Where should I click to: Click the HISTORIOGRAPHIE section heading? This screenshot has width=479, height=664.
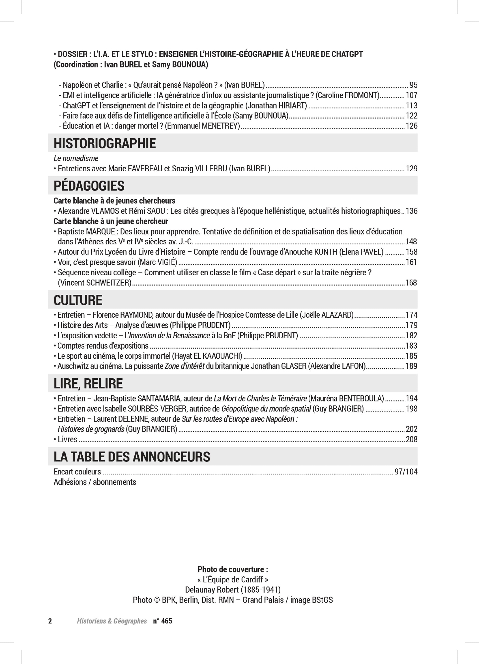click(x=105, y=143)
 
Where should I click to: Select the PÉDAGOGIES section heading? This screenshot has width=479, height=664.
click(x=89, y=186)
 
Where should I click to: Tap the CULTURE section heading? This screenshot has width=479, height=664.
click(x=78, y=300)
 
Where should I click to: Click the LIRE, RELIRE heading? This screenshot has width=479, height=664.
click(x=88, y=383)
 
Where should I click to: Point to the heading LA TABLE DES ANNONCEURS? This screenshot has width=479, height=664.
click(x=132, y=457)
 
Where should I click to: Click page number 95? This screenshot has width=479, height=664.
click(x=413, y=85)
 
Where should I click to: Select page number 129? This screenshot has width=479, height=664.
click(x=412, y=169)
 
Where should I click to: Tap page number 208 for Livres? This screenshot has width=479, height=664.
click(x=412, y=440)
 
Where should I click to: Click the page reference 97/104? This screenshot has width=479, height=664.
click(x=406, y=472)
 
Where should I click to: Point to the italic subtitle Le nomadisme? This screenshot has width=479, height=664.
click(x=76, y=158)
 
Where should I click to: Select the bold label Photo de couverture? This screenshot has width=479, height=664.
click(x=233, y=569)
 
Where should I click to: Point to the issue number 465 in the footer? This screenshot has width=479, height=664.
click(x=167, y=621)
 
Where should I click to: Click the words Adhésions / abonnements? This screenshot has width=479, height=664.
click(x=95, y=482)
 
